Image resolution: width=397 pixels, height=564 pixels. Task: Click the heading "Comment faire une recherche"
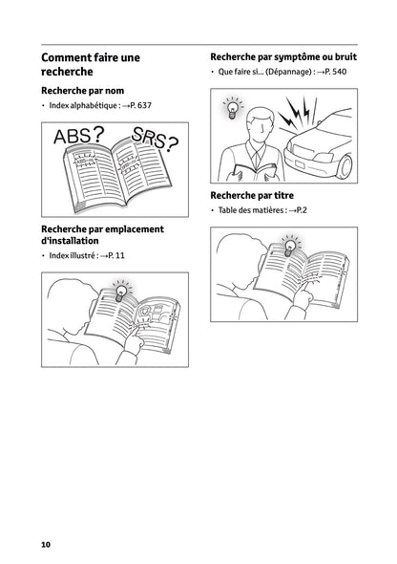tap(90, 65)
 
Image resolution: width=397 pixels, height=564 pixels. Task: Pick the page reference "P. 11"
tap(114, 257)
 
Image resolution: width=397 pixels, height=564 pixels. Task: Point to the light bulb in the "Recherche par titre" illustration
tap(289, 247)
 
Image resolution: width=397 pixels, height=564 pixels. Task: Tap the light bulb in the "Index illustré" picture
tap(121, 287)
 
